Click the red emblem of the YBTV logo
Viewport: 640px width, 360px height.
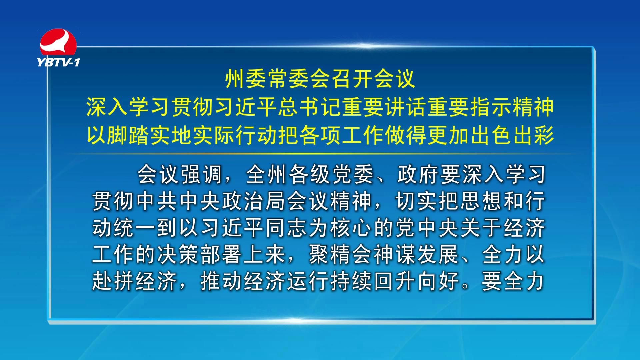(58, 42)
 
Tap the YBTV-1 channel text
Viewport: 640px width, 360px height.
(58, 62)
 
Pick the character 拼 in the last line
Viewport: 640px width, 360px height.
(124, 281)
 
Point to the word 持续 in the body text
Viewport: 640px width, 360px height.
(351, 281)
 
